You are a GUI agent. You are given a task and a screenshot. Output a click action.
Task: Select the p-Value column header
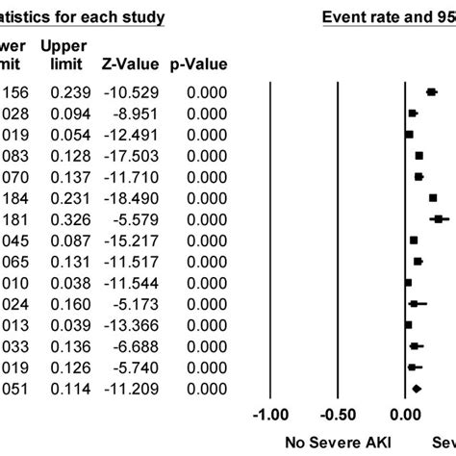[x=200, y=65]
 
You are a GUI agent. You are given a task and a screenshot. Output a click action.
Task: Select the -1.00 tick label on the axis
[x=269, y=415]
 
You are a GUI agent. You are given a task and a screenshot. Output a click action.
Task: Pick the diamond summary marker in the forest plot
[x=417, y=388]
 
